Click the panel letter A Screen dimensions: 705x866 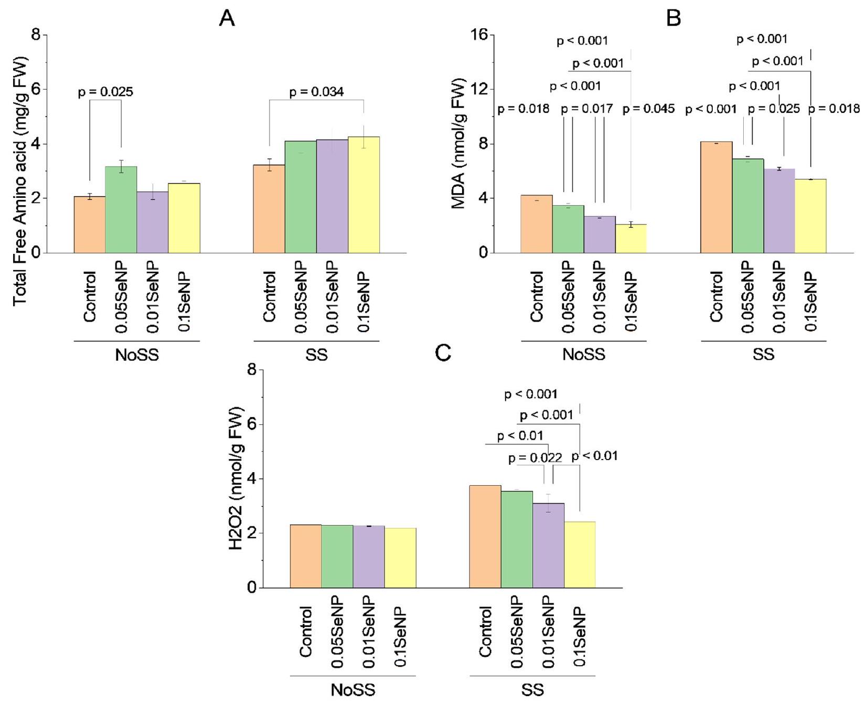coord(227,19)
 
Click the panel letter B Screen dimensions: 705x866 coord(673,19)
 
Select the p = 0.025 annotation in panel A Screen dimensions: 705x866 coord(105,92)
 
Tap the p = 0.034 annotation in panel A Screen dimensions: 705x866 coord(316,92)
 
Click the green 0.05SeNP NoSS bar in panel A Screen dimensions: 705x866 coord(121,210)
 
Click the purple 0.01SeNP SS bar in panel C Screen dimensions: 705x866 coord(548,546)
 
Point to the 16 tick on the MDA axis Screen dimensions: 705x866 coord(480,35)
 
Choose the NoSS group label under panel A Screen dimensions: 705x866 coord(137,355)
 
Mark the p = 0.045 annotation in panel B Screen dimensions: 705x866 coord(648,109)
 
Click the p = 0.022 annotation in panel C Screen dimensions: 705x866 coord(535,458)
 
